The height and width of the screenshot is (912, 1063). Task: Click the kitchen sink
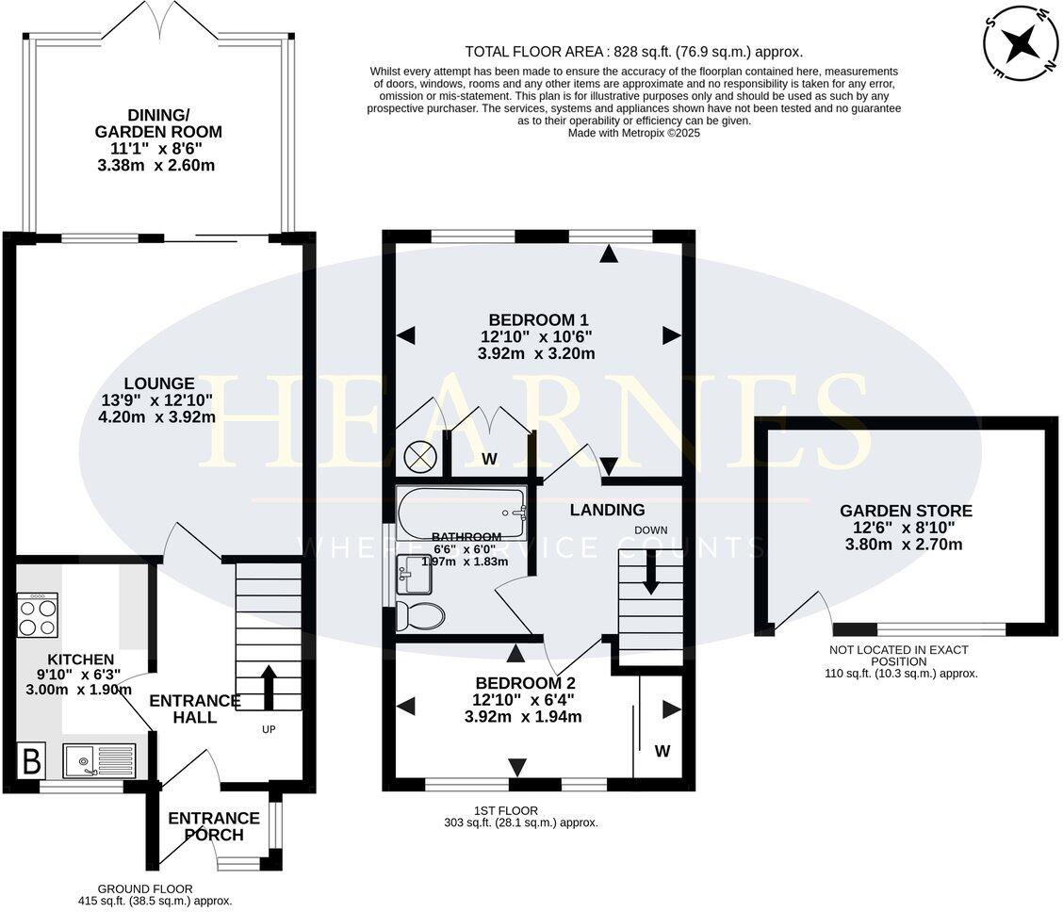click(100, 760)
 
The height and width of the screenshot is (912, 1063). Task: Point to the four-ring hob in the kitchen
click(38, 614)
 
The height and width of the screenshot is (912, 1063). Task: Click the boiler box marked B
click(32, 760)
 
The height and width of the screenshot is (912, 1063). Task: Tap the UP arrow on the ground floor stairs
click(269, 688)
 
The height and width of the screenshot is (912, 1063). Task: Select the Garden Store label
click(906, 511)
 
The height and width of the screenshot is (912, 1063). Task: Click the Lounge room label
click(159, 383)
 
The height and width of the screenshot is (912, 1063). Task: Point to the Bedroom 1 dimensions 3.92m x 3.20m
click(536, 353)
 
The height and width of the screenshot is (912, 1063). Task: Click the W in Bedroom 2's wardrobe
click(662, 751)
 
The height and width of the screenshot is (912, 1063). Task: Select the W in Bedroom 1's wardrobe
click(489, 460)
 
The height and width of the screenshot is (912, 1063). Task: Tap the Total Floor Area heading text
click(533, 52)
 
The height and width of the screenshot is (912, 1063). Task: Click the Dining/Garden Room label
click(158, 123)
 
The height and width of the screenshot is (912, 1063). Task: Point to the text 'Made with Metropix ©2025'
click(634, 134)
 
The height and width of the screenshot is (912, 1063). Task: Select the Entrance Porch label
click(214, 826)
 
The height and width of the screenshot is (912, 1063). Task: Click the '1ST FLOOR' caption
click(506, 810)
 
